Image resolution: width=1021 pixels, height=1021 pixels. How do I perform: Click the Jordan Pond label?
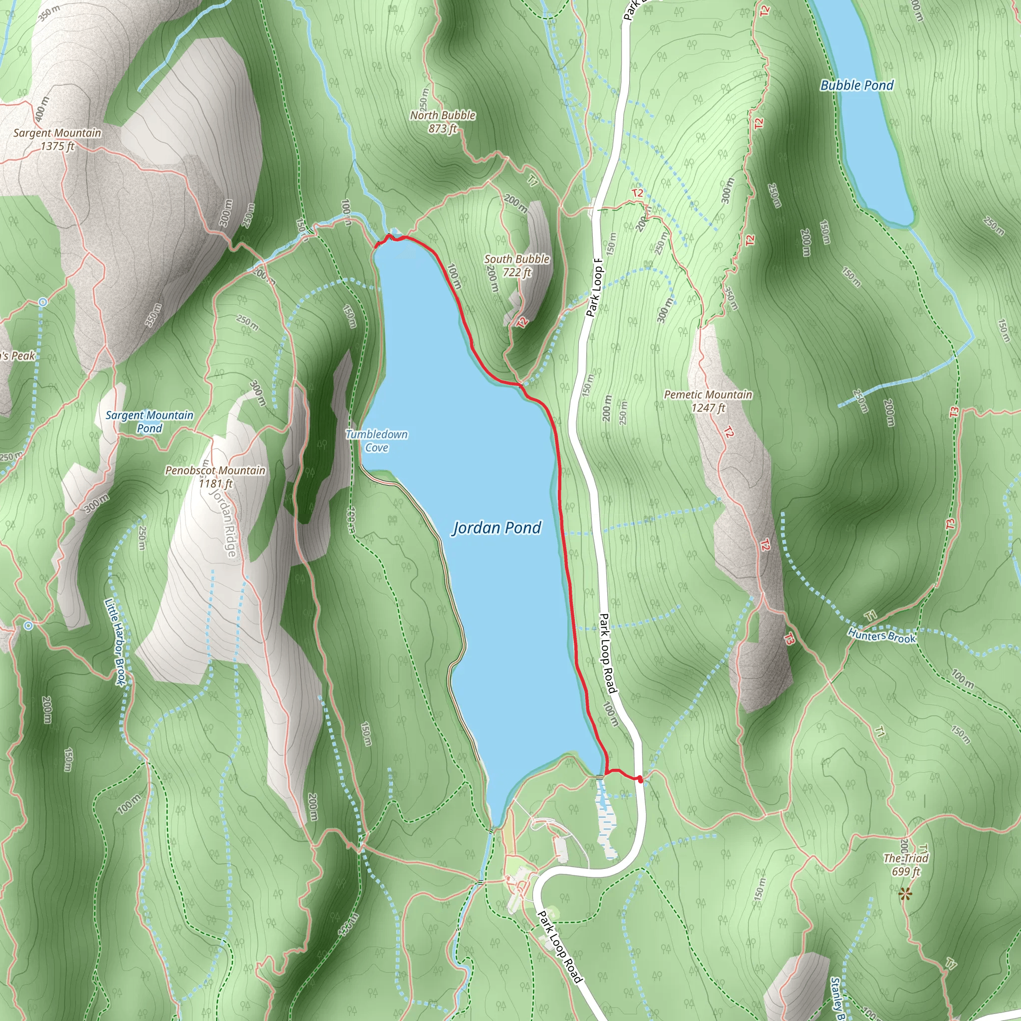[x=497, y=527]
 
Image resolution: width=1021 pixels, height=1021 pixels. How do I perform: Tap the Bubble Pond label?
[x=856, y=85]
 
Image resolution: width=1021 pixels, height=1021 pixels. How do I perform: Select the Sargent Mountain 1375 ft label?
[x=57, y=140]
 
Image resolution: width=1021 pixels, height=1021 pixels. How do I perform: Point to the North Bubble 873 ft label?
[x=443, y=122]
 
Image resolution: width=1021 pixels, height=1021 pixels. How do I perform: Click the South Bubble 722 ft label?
[x=517, y=265]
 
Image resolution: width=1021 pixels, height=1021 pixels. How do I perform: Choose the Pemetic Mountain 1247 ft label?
[x=708, y=401]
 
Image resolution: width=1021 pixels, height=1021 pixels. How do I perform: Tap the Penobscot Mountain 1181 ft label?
[x=215, y=477]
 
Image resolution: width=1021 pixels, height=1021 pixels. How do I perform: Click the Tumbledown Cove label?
[x=377, y=441]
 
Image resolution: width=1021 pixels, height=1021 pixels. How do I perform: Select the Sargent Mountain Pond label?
[x=150, y=422]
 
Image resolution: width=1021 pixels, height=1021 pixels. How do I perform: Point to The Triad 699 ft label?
[x=906, y=865]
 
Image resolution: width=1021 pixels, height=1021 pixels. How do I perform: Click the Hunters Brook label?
[x=881, y=636]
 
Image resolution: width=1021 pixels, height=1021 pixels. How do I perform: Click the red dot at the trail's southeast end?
[x=640, y=778]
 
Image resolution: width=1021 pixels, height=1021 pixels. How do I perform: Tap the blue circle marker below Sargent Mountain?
[x=43, y=302]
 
